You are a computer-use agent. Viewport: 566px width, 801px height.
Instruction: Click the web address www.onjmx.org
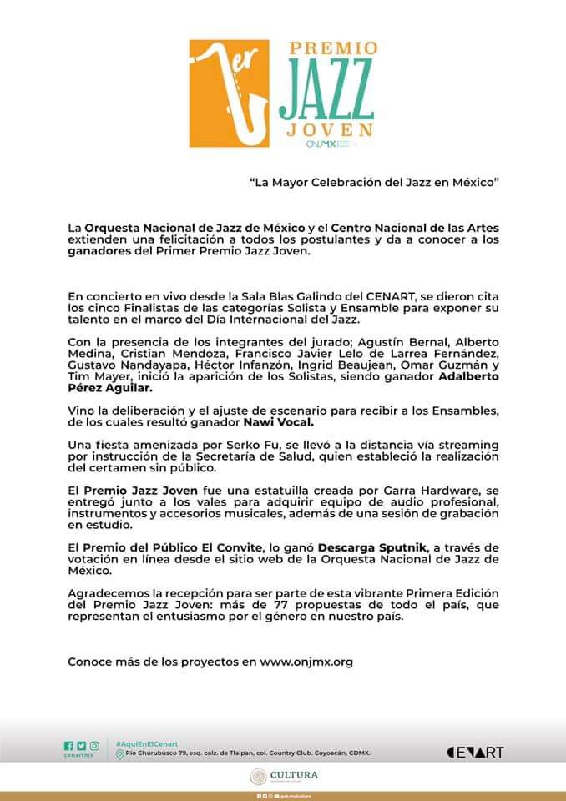pyautogui.click(x=306, y=662)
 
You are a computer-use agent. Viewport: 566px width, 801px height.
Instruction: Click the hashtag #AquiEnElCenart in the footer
pyautogui.click(x=146, y=743)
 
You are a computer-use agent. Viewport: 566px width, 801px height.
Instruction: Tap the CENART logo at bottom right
pyautogui.click(x=476, y=752)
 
